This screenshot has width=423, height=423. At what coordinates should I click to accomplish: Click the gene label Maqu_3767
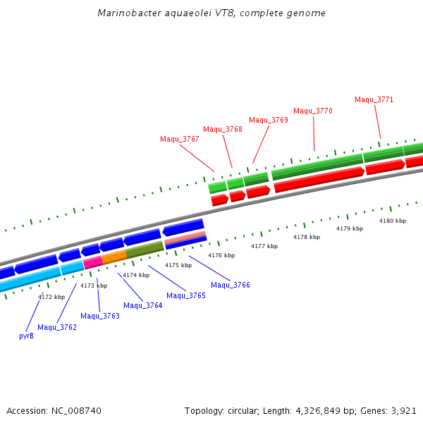(x=179, y=139)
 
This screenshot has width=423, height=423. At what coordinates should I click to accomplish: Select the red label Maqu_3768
(x=223, y=129)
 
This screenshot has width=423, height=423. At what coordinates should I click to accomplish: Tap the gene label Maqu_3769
(x=268, y=120)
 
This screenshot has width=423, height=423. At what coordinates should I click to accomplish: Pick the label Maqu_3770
(x=313, y=111)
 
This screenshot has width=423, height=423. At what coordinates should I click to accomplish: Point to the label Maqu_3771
(x=374, y=99)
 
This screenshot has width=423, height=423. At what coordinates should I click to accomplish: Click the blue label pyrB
(x=26, y=336)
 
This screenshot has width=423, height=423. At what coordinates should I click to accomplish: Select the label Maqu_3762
(x=57, y=327)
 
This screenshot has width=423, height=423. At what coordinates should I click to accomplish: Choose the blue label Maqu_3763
(x=100, y=316)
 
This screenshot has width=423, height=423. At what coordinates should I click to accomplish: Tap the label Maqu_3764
(x=143, y=305)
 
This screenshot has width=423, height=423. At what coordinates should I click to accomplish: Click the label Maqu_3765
(x=186, y=295)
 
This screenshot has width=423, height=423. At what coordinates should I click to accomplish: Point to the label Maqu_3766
(x=231, y=285)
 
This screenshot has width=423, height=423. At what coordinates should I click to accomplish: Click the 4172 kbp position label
(x=51, y=297)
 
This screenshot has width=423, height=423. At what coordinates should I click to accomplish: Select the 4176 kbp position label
(x=221, y=255)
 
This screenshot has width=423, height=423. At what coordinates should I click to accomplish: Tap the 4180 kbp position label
(x=393, y=221)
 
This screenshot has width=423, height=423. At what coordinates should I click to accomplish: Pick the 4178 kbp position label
(x=307, y=237)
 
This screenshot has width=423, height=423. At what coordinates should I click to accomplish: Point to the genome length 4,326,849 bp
(x=334, y=410)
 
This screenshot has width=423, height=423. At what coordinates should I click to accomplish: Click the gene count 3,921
(x=405, y=410)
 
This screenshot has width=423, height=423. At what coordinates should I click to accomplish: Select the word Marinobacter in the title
(x=125, y=13)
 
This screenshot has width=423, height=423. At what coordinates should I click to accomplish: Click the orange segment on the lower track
(x=114, y=257)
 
